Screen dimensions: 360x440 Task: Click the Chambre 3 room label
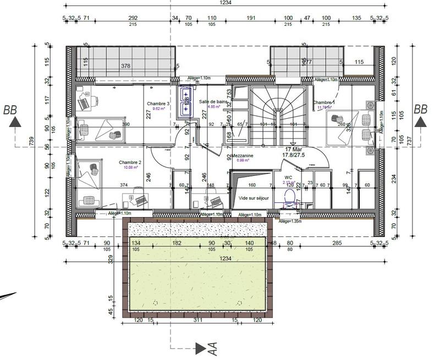tap(158, 103)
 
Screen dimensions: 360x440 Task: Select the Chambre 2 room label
tap(130, 163)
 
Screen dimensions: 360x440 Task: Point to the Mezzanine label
tap(243, 156)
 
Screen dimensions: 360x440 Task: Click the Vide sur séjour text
tap(254, 197)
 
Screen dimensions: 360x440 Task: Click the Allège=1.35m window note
tap(291, 221)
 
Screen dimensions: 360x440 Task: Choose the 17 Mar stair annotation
tap(293, 149)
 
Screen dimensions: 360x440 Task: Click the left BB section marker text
tap(10, 109)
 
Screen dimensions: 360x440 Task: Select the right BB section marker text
tap(421, 109)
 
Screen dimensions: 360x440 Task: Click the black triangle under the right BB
tap(421, 123)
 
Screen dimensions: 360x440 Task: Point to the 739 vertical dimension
tap(32, 142)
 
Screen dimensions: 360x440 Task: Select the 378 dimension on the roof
tap(126, 66)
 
